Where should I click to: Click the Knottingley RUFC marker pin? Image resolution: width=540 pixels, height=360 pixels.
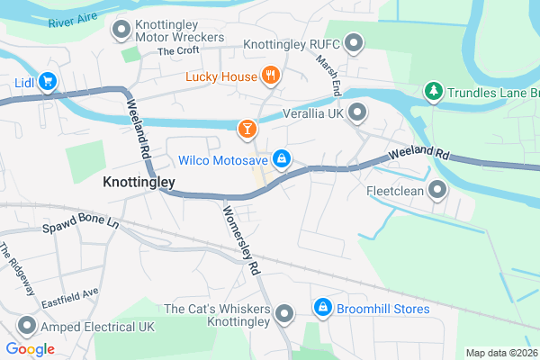354,43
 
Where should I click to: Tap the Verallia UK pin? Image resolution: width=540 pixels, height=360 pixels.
357,112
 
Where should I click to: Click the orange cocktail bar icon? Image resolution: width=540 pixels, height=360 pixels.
245,131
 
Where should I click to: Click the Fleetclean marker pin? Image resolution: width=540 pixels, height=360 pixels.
437,190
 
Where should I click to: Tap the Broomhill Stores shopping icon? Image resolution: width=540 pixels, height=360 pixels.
322,309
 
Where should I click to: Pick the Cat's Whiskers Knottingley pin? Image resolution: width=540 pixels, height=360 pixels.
284,314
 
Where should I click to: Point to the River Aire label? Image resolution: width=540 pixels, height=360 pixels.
73,18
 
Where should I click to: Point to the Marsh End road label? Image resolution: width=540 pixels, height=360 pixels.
328,75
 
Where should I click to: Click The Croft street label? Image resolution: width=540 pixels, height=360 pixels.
177,51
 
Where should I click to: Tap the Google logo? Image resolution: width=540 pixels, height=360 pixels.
30,349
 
